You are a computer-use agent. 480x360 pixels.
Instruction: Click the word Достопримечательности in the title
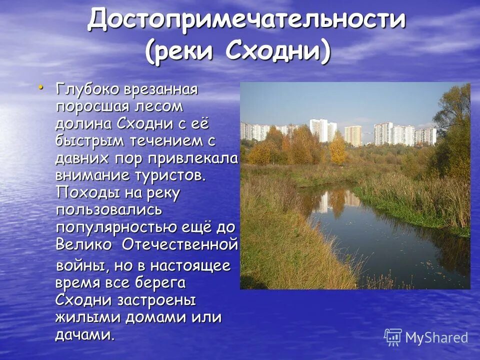click(x=246, y=20)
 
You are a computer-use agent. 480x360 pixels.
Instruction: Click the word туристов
click(x=170, y=175)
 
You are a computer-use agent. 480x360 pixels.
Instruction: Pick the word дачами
click(x=84, y=334)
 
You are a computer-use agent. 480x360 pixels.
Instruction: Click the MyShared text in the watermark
click(x=436, y=337)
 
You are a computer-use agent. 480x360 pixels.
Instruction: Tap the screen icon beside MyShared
click(x=393, y=337)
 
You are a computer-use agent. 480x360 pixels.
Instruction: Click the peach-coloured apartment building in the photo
click(x=353, y=135)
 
